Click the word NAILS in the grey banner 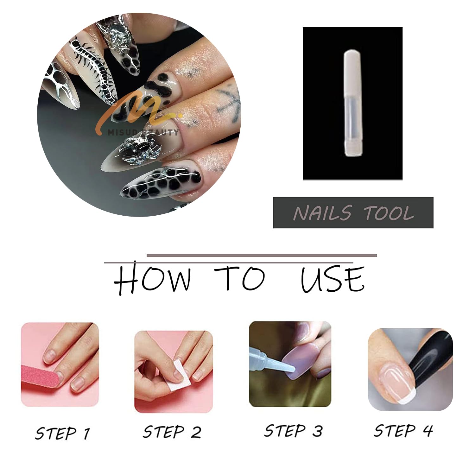coord(322,212)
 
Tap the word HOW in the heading coord(153,278)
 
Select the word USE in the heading coord(332,279)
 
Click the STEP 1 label coord(62,433)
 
